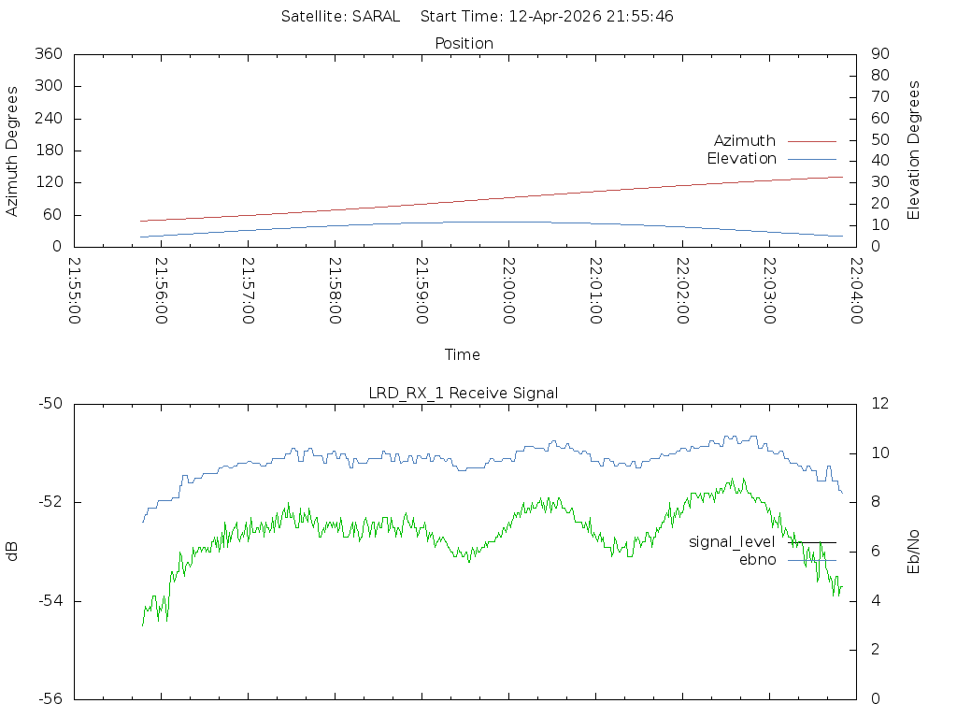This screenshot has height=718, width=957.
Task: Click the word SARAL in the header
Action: (376, 16)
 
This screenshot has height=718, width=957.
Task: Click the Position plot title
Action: (464, 43)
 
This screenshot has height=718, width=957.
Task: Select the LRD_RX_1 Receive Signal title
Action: (464, 393)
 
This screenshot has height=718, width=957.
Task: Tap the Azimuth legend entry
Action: (745, 140)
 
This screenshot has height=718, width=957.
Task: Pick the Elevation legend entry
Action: (741, 158)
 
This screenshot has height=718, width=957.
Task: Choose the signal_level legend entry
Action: (732, 541)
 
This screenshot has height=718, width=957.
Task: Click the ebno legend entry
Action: (757, 559)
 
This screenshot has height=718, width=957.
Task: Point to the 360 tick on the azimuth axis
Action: (48, 54)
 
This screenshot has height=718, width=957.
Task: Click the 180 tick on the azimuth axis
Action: (48, 151)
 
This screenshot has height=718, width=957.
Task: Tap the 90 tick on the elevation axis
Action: (879, 54)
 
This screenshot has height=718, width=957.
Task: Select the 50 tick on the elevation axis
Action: (879, 139)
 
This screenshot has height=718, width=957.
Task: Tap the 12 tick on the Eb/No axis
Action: (879, 404)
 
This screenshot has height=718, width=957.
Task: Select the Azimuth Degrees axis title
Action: (12, 151)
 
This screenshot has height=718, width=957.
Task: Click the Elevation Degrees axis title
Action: (914, 150)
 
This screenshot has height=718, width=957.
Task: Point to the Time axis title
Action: (463, 354)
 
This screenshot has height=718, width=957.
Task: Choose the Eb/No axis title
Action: (914, 551)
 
